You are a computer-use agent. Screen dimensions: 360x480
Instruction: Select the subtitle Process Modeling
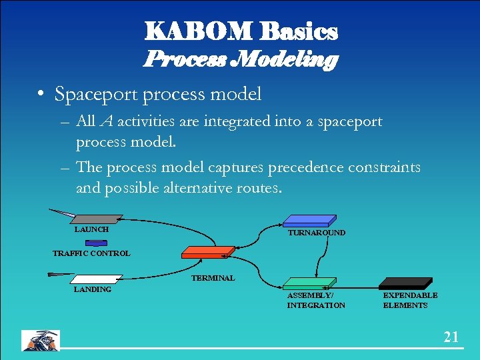click(241, 60)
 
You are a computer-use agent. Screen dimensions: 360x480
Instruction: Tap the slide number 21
click(451, 337)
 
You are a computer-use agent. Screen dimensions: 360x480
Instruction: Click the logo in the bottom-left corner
click(41, 340)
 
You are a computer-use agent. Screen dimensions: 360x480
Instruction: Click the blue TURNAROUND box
click(309, 221)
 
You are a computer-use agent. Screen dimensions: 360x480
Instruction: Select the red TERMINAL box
click(207, 252)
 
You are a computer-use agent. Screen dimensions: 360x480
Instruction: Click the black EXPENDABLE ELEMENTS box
click(406, 283)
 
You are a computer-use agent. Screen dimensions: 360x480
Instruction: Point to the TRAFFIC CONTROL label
click(91, 253)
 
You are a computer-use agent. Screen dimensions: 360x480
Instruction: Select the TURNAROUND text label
click(316, 233)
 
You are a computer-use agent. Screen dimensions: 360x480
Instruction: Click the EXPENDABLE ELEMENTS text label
click(410, 300)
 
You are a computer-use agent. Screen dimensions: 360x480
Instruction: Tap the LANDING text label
click(92, 289)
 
